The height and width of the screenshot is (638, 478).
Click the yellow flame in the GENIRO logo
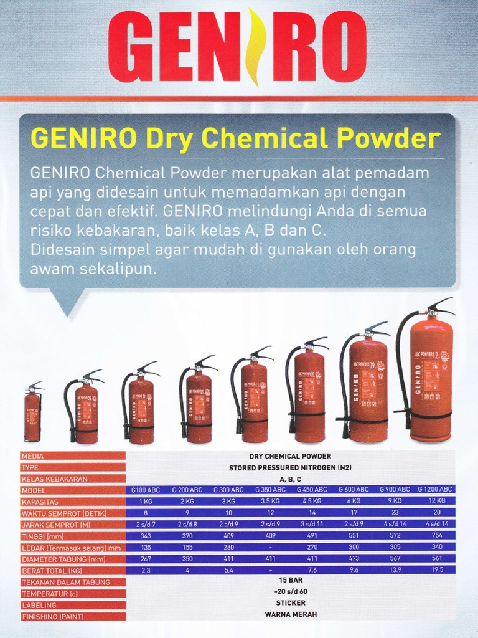tap(252, 47)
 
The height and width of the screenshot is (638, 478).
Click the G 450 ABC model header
tap(311, 490)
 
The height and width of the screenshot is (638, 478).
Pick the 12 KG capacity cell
tap(437, 501)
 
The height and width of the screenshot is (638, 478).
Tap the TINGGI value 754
tap(437, 535)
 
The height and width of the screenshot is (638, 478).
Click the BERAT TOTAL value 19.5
tap(437, 570)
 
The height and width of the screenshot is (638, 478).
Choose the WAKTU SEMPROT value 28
tap(437, 513)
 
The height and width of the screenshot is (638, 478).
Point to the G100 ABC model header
tap(145, 490)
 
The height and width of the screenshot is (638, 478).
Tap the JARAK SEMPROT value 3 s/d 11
tap(311, 524)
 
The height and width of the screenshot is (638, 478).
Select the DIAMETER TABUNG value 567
tap(395, 559)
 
